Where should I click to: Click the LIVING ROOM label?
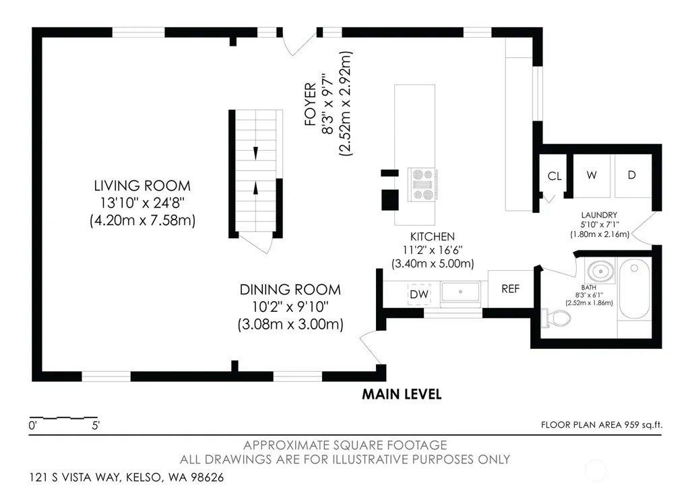(x=142, y=186)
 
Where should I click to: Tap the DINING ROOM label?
(x=290, y=290)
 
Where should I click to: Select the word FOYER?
(x=310, y=104)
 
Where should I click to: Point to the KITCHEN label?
(x=433, y=236)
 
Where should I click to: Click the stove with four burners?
(x=422, y=185)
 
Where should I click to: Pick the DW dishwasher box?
(x=419, y=294)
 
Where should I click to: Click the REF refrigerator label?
(x=511, y=288)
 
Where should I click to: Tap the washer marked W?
(x=592, y=176)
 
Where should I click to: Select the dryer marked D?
(x=632, y=176)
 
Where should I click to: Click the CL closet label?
(x=555, y=176)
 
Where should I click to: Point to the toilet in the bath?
(x=556, y=318)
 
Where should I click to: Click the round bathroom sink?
(x=600, y=271)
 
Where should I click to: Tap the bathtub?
(x=634, y=288)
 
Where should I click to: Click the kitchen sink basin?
(x=460, y=292)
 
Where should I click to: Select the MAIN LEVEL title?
(x=402, y=394)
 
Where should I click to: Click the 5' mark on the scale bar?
(x=96, y=426)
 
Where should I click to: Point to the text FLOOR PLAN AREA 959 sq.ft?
(x=602, y=425)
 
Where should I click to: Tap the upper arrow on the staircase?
(x=255, y=153)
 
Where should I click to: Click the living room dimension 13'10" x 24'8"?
(x=142, y=203)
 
